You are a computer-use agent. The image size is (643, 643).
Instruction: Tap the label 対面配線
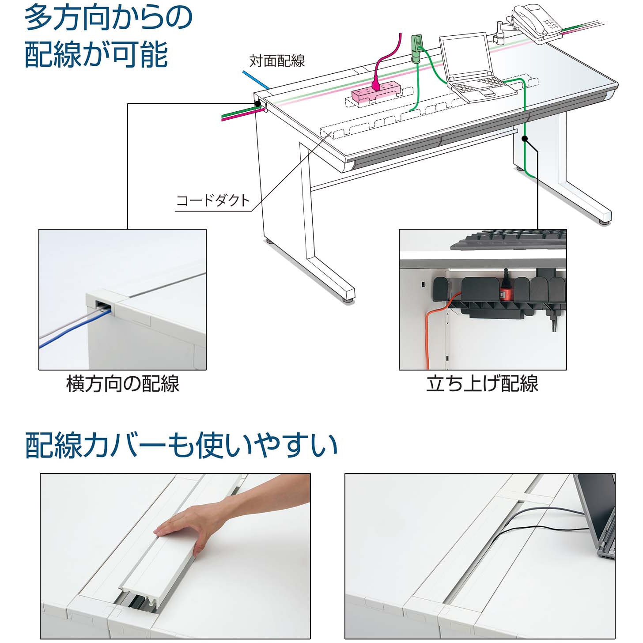277,61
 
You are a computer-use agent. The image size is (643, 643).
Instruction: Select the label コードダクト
213,200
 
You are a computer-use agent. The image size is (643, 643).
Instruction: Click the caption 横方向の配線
123,383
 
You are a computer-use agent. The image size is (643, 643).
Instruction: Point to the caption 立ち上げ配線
482,383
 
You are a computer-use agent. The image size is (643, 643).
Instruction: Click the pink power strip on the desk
375,91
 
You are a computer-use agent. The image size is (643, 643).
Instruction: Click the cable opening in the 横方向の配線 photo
102,305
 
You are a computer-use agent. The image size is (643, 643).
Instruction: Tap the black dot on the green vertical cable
525,139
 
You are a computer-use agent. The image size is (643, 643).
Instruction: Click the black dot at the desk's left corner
257,104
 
